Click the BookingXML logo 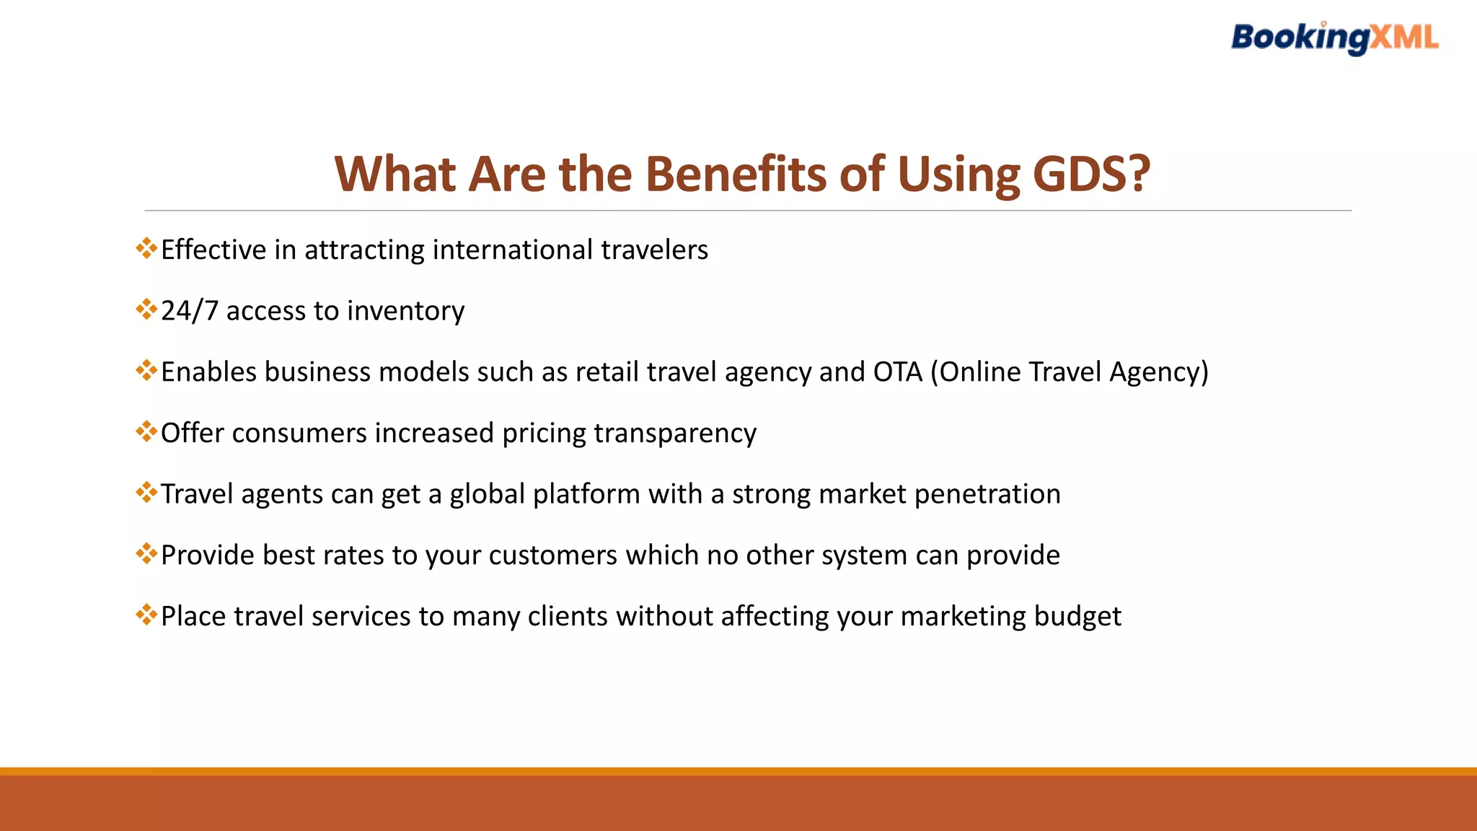pos(1334,38)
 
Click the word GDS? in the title pos(1091,174)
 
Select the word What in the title pos(394,174)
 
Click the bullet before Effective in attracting pos(146,249)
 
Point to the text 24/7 pos(189,311)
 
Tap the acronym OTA pos(897,372)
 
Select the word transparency pos(675,434)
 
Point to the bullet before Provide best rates pos(146,554)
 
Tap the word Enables pos(208,372)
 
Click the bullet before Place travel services pos(146,615)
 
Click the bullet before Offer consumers pos(146,432)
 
